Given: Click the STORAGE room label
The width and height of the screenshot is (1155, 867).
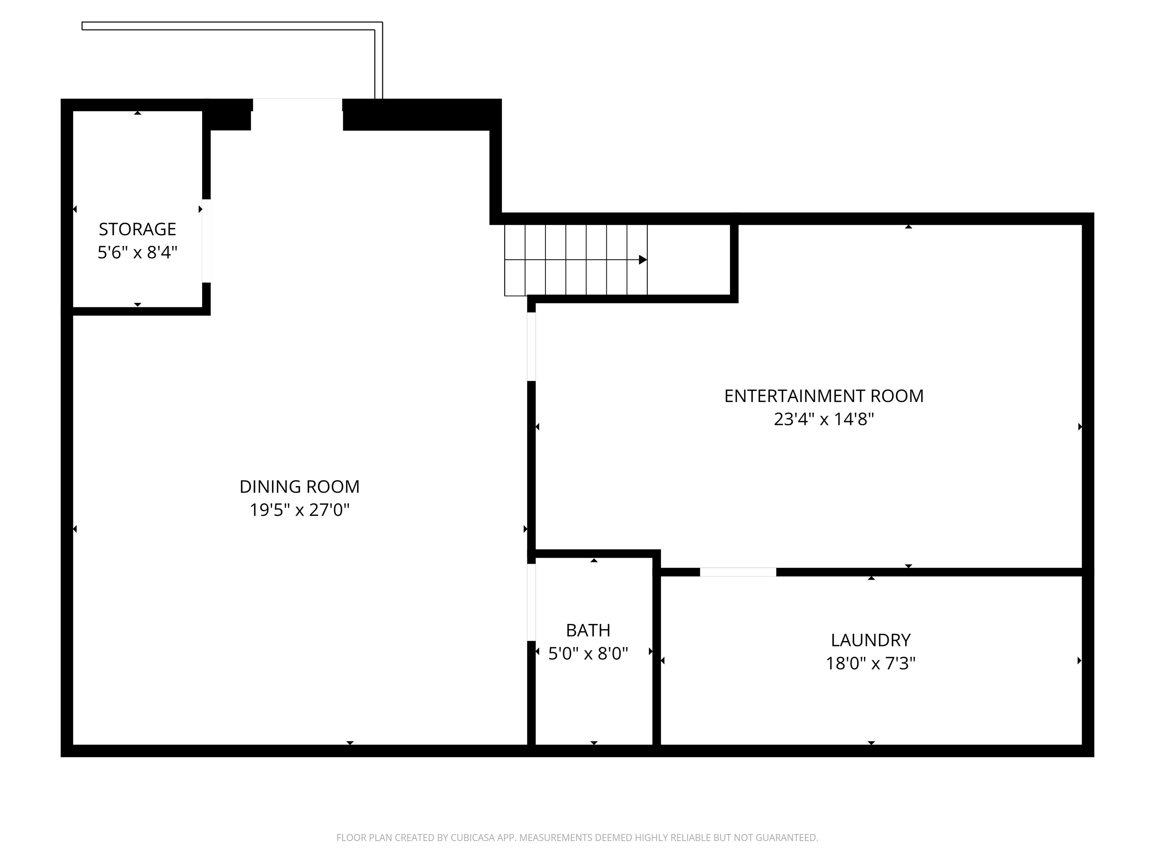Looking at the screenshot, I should [x=137, y=229].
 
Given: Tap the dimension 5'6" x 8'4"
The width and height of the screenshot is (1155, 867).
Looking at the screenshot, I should [x=137, y=253].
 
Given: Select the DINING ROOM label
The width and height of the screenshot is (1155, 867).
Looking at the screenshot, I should [x=299, y=486].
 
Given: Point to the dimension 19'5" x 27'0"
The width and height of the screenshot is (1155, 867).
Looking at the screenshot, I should [x=299, y=510].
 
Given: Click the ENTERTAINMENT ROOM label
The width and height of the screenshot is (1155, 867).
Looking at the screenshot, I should [x=824, y=396].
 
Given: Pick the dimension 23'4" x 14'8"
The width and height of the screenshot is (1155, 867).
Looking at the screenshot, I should [x=824, y=419].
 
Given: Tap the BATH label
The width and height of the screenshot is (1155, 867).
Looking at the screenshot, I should [x=588, y=630].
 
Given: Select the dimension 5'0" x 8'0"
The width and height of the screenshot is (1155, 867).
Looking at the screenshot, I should [x=588, y=654].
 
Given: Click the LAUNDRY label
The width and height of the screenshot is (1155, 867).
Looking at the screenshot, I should [x=870, y=640].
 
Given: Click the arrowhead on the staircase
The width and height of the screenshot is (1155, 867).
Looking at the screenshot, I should [x=643, y=260].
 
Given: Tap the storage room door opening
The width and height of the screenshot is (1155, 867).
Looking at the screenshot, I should [x=206, y=241].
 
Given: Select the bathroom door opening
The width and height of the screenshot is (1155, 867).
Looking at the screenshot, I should [x=531, y=602].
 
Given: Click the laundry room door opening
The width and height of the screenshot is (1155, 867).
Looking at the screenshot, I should [x=738, y=572].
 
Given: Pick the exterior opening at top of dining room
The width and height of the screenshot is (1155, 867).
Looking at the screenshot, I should [x=297, y=105].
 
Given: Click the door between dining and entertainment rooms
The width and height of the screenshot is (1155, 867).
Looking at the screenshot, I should [x=531, y=346].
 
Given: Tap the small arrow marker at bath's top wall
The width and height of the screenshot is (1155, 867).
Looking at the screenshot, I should [x=594, y=560].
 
